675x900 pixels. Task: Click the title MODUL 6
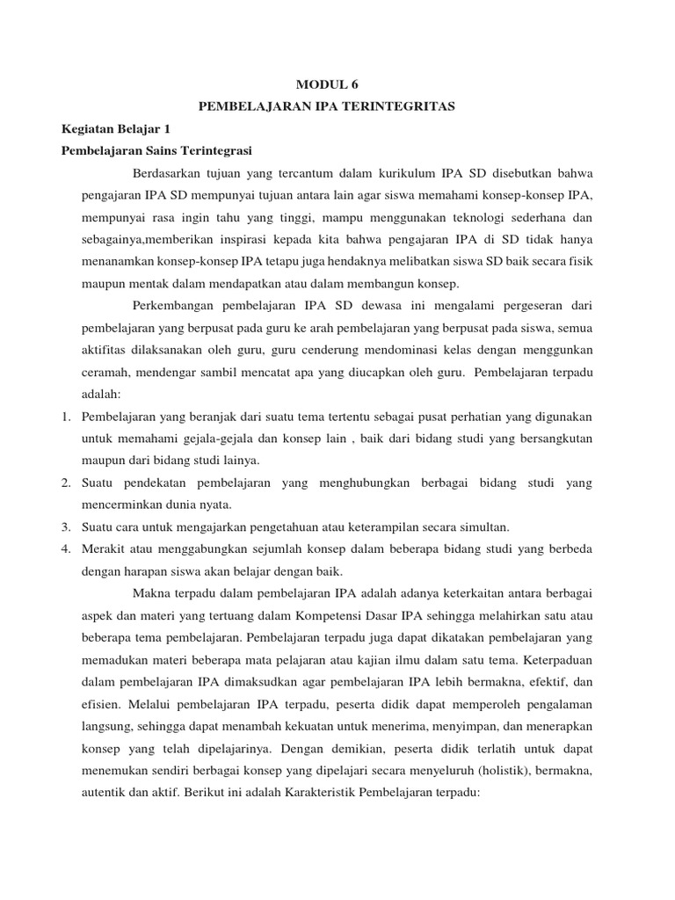click(328, 84)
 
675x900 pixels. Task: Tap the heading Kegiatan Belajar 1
click(114, 127)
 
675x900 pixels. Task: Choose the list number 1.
click(67, 416)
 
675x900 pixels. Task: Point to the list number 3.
click(67, 526)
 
